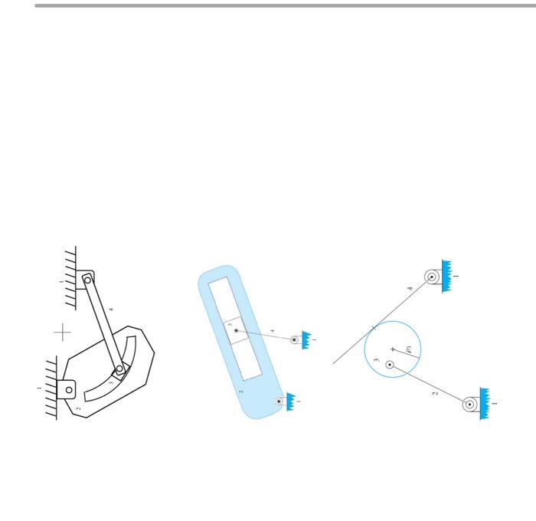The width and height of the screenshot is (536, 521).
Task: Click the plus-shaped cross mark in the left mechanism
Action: [63, 332]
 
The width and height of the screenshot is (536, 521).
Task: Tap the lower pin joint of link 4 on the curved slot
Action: [119, 369]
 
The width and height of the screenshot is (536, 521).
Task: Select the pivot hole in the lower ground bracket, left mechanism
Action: [69, 389]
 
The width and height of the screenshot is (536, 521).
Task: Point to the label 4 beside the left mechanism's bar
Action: [111, 310]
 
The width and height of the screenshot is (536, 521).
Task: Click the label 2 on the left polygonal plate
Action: [78, 408]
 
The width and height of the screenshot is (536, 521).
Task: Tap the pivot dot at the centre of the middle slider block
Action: [236, 331]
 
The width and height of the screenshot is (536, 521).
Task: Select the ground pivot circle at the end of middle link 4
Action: [294, 339]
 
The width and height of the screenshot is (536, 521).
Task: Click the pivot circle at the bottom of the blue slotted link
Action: [279, 401]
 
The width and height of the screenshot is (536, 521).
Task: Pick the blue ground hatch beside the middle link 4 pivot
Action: [306, 339]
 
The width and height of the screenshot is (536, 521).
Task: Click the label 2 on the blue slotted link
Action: [241, 392]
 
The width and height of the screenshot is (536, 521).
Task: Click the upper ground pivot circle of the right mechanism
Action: [432, 277]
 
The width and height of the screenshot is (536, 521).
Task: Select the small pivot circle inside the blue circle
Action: [390, 365]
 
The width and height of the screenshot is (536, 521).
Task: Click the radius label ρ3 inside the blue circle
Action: [410, 349]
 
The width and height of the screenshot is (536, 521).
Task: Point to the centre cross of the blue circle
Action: [393, 349]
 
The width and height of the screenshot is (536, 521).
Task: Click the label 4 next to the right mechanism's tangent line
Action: [410, 288]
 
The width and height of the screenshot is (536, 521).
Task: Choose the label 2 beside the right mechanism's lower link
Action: [435, 393]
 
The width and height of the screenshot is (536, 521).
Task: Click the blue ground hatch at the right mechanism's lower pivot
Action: [485, 404]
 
